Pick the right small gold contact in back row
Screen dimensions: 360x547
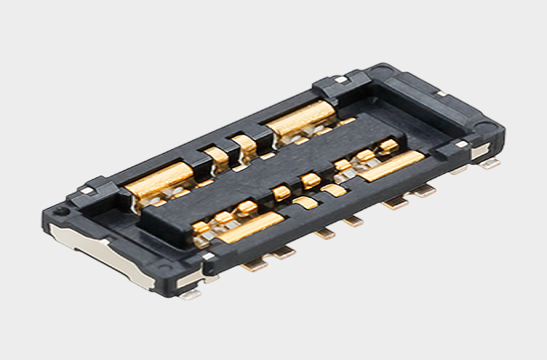coord(245,142)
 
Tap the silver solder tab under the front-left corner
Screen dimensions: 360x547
coord(192,291)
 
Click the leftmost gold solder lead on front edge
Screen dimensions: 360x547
coord(257,263)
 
